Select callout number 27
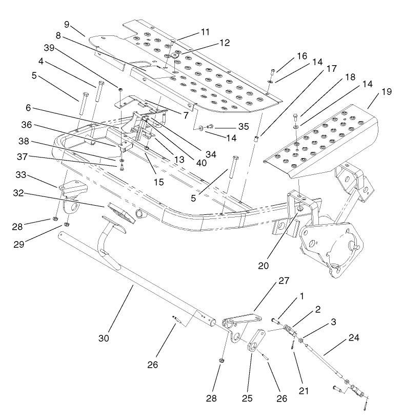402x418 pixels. coord(283,281)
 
